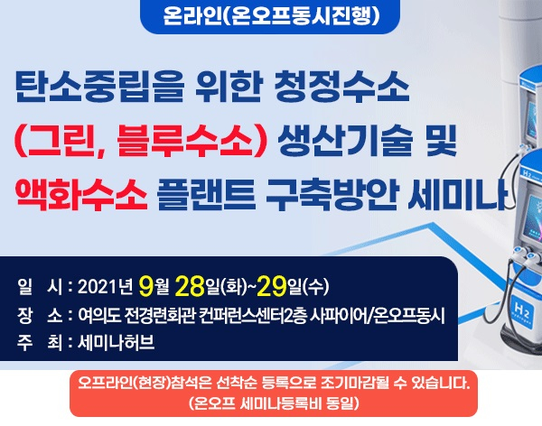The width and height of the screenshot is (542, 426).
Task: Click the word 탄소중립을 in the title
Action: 98,87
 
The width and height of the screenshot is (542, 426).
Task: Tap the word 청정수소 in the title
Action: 341,87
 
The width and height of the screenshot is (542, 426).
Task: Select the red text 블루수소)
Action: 192,141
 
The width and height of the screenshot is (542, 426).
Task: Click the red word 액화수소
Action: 81,195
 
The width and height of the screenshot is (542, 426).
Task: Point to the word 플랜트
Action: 206,195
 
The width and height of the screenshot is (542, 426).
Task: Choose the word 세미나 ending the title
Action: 457,195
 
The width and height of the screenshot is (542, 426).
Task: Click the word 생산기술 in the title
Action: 345,141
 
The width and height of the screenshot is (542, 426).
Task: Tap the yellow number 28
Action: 190,286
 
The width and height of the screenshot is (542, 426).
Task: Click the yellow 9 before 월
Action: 145,286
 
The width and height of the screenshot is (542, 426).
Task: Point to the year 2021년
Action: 105,287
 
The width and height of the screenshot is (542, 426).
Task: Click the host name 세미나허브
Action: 117,342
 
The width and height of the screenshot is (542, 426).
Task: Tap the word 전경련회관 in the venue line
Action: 160,316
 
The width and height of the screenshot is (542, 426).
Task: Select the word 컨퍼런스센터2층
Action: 253,316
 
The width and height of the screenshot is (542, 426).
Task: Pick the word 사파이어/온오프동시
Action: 378,316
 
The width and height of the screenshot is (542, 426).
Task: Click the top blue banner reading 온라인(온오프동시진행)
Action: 270,15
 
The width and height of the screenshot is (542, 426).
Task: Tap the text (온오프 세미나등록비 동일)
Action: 274,403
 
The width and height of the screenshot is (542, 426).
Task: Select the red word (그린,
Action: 60,141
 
